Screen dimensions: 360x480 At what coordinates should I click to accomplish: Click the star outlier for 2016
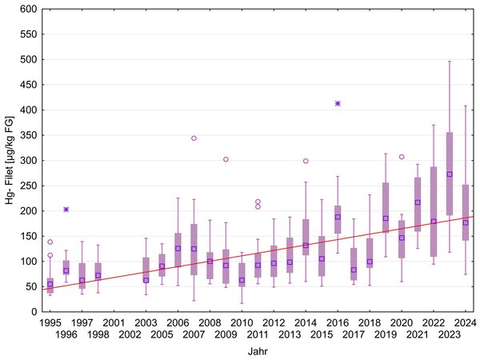coord(338,104)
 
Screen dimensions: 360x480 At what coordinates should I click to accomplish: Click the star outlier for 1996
coord(66,209)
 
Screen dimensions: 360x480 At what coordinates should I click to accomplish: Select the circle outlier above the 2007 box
coord(194,138)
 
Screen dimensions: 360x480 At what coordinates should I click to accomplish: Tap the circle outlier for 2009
coord(226,159)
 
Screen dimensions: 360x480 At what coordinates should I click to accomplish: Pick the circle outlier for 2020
coord(402,157)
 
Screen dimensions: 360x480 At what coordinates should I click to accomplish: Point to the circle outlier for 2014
coord(306,161)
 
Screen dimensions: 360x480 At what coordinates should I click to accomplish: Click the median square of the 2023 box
coord(450,174)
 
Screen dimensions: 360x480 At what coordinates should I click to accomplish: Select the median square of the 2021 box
coord(418,202)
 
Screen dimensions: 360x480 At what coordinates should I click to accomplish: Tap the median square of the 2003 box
coord(146,280)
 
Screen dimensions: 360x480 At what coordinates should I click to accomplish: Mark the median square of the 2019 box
coord(386,218)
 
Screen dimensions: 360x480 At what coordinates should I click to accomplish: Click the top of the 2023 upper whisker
coord(450,62)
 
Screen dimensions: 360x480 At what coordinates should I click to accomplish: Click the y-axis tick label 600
coord(28,10)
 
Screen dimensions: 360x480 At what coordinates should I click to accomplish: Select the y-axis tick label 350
coord(28,135)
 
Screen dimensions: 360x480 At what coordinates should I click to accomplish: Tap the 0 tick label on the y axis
coord(34,312)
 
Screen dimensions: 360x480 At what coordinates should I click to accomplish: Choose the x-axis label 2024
coord(466,322)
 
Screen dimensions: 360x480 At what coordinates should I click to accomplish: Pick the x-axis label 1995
coord(50,322)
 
